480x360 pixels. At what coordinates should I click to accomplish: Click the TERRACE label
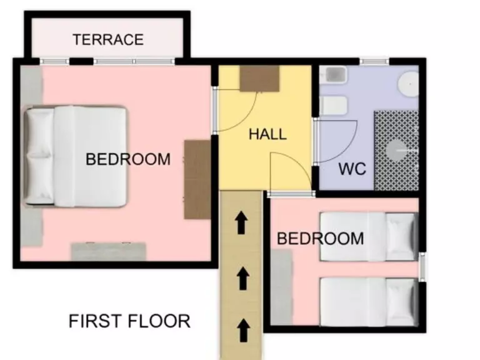pos(108,40)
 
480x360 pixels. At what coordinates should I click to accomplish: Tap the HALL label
pos(267,134)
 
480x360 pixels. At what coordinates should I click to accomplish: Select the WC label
pos(352,169)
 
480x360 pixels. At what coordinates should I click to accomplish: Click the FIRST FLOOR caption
pos(129,321)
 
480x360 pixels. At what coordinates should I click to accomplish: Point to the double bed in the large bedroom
pos(75,156)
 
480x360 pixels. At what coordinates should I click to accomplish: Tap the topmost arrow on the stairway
pos(241,222)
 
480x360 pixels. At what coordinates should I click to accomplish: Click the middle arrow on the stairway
pos(243,278)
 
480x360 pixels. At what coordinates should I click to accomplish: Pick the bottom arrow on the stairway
pos(244,330)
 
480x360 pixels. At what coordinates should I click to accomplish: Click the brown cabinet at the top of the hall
pos(259,79)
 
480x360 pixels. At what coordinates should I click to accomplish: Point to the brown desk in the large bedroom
pos(197,180)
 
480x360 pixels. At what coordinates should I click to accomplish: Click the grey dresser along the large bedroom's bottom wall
pos(109,251)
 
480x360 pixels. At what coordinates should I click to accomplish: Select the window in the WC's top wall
pos(374,61)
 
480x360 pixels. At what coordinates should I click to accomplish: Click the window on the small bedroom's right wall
pos(422,267)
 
